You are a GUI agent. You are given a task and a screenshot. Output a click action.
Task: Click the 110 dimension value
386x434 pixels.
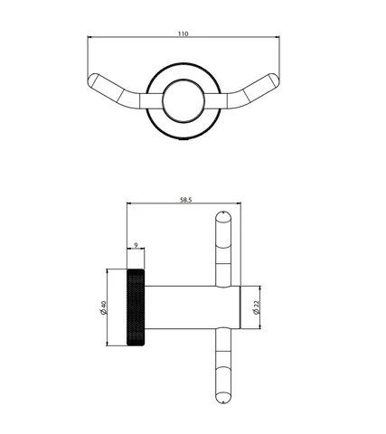(184, 33)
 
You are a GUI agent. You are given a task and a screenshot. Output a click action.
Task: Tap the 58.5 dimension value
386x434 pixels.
(185, 200)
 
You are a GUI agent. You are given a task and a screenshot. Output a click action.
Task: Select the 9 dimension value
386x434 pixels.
(136, 245)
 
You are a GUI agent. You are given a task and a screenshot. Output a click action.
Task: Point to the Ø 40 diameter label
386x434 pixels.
(103, 307)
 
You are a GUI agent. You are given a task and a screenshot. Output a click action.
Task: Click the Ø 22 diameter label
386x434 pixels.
(257, 307)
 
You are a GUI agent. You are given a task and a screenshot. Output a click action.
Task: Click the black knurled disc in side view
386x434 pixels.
(136, 307)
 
